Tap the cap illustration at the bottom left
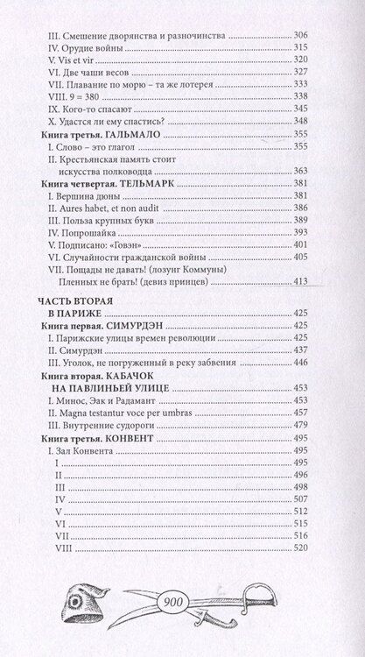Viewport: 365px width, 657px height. pos(75,604)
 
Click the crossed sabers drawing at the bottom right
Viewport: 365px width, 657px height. pos(277,604)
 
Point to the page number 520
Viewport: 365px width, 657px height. pos(325,547)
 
